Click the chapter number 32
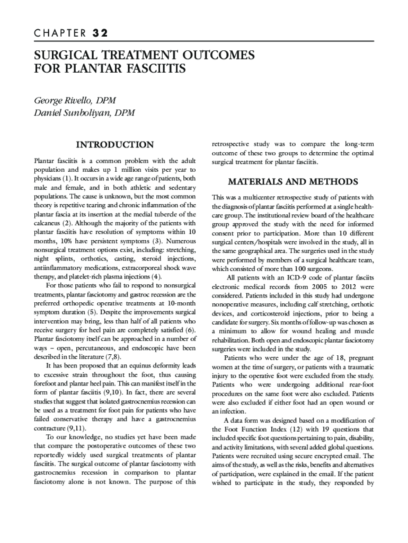pos(100,33)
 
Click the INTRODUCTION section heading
pos(115,145)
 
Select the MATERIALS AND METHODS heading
pos(292,181)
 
